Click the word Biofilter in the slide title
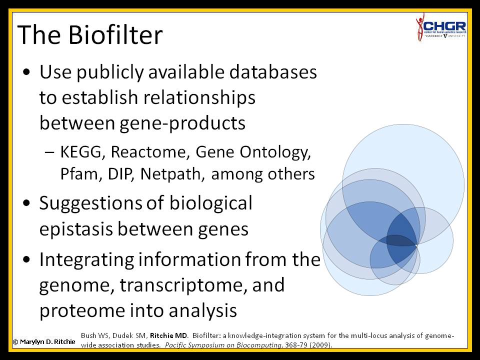click(x=115, y=34)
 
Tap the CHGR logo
click(x=441, y=27)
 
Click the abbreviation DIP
click(x=121, y=174)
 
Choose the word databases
click(x=273, y=72)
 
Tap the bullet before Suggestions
click(x=27, y=203)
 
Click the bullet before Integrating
click(x=27, y=259)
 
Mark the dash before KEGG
click(x=49, y=152)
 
